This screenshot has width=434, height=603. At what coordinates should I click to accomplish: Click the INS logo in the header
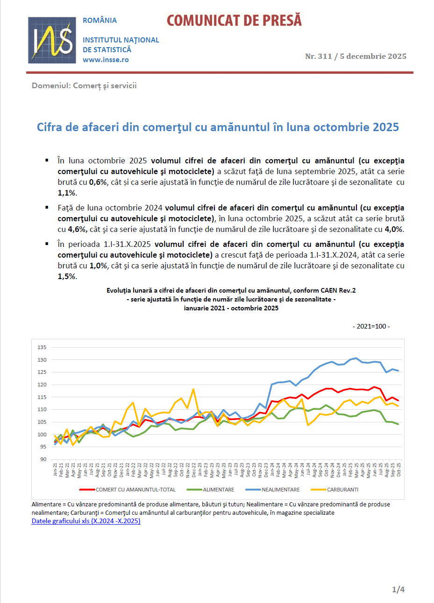click(52, 40)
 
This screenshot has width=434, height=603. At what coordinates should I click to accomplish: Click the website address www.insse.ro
click(106, 60)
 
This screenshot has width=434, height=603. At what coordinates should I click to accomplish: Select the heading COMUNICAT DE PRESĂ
click(234, 21)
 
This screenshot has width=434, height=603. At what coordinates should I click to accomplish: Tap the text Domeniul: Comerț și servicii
click(84, 85)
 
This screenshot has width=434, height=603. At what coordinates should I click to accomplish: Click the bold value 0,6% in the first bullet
click(98, 182)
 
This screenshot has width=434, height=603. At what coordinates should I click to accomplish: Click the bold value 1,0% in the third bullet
click(98, 266)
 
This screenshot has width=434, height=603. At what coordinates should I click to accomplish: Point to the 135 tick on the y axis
click(42, 347)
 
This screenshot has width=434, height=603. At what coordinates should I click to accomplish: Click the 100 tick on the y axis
click(42, 435)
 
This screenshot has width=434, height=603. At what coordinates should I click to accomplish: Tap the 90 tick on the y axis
click(43, 459)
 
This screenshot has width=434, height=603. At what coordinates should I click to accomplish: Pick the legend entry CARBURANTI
click(342, 490)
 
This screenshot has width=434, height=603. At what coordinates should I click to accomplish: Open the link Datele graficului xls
click(86, 521)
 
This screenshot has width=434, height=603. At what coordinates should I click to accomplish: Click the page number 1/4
click(398, 589)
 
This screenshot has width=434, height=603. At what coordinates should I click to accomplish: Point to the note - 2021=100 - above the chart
click(371, 326)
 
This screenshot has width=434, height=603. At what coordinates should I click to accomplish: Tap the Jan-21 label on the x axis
click(55, 470)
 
